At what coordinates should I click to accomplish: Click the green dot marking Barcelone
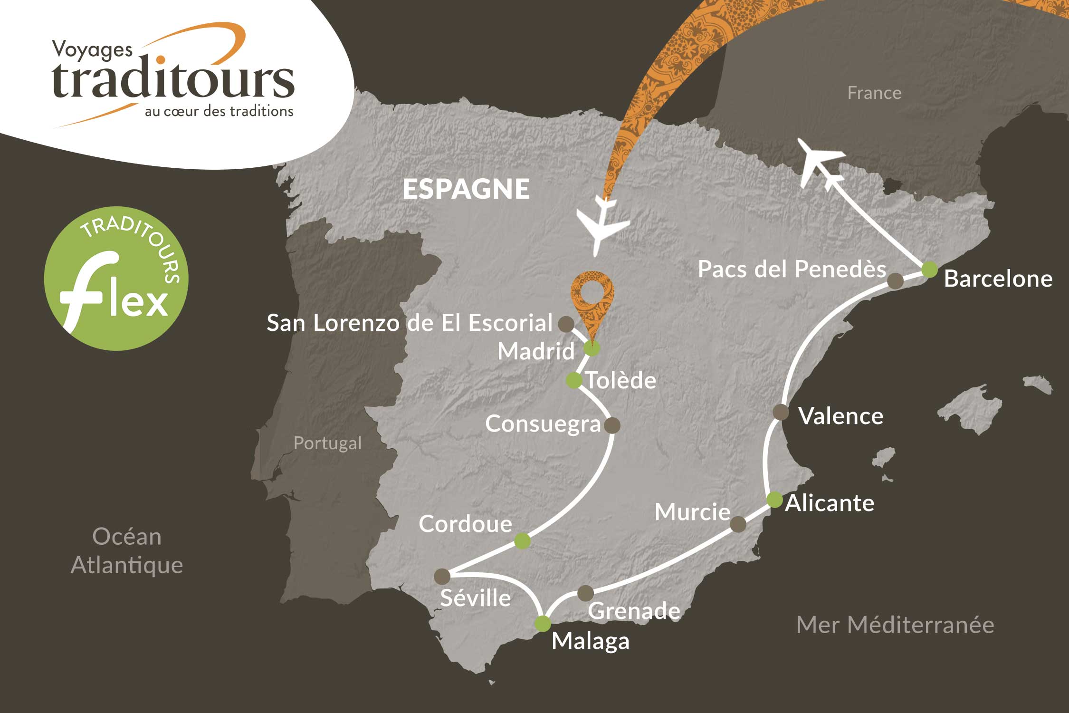click(x=929, y=270)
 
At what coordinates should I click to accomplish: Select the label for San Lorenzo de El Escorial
click(x=409, y=323)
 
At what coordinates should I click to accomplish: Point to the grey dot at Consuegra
click(x=612, y=425)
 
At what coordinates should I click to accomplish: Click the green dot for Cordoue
click(x=522, y=541)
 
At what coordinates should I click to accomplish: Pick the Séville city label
click(x=475, y=598)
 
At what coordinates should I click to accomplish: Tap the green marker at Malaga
click(x=543, y=623)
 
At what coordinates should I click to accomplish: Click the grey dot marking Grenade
click(x=585, y=593)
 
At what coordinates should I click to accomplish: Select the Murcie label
click(x=692, y=512)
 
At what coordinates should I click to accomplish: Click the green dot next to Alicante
click(x=774, y=500)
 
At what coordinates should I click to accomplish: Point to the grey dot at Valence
click(x=781, y=412)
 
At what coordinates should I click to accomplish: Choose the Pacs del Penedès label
click(x=792, y=270)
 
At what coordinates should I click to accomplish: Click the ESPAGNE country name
click(x=466, y=189)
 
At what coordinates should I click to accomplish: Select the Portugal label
click(x=327, y=443)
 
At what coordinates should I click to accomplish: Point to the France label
click(x=874, y=93)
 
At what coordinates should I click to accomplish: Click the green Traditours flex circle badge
click(x=116, y=279)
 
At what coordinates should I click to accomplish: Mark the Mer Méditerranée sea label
click(x=895, y=625)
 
